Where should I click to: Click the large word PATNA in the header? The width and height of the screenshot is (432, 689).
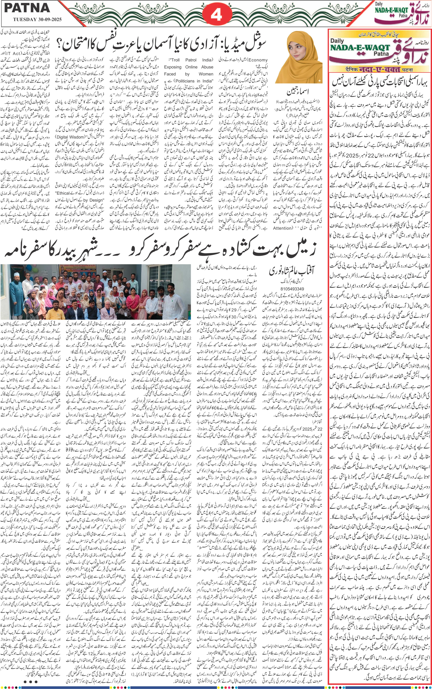(27, 8)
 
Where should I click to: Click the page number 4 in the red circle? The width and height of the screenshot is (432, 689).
(216, 14)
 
